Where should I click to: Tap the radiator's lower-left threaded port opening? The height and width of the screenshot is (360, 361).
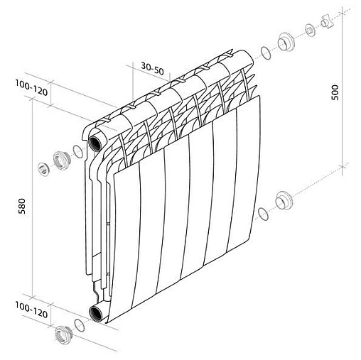click(95, 312)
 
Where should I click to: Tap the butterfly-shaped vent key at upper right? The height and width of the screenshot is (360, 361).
click(329, 22)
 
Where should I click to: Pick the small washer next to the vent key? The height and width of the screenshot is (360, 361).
click(311, 31)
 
